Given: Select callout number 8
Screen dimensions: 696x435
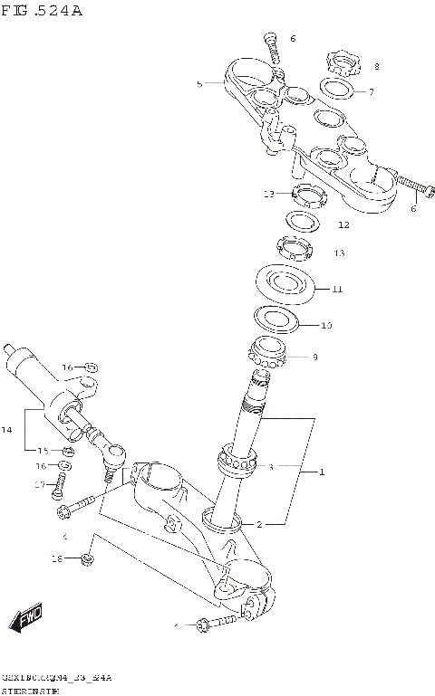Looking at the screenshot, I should [x=376, y=66].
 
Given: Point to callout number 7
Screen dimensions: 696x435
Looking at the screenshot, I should [x=370, y=91].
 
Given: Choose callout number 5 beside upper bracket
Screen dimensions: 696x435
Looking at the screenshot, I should [x=199, y=83].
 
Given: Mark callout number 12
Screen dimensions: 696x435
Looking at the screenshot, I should [x=343, y=224].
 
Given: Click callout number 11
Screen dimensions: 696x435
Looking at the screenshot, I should [x=336, y=290].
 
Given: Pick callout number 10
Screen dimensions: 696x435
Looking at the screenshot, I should [x=326, y=324].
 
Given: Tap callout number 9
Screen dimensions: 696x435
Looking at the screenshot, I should [x=314, y=358].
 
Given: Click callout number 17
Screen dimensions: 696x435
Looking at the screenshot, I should [x=39, y=485].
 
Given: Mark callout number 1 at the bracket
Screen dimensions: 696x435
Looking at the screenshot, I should [x=319, y=472].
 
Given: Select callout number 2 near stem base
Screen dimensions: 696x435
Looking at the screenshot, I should [x=259, y=524].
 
